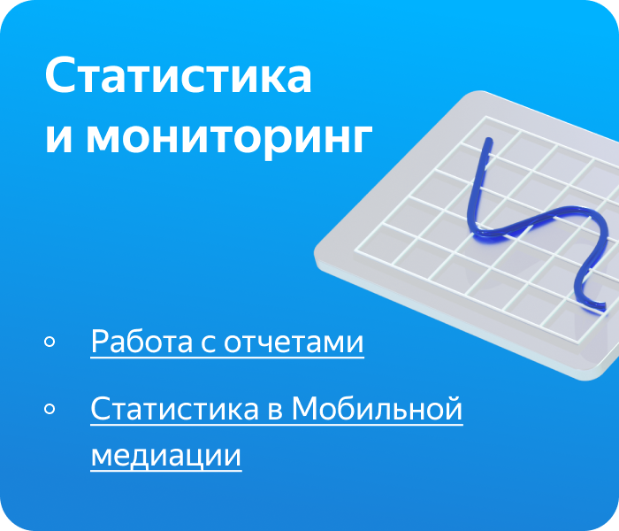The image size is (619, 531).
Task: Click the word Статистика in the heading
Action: [179, 75]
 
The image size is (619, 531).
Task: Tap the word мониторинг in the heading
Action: [229, 139]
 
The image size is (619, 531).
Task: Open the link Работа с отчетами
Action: [227, 342]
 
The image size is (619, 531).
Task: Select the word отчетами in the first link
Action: [294, 342]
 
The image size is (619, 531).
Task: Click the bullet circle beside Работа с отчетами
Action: [50, 342]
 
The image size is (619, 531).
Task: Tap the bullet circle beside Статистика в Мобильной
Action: [50, 409]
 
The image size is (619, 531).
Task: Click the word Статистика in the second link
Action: [174, 409]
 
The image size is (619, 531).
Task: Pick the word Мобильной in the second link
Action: [377, 408]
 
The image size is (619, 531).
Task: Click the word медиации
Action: [166, 456]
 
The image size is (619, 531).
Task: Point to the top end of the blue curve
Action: [489, 141]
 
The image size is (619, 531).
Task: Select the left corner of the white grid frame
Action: [355, 250]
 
